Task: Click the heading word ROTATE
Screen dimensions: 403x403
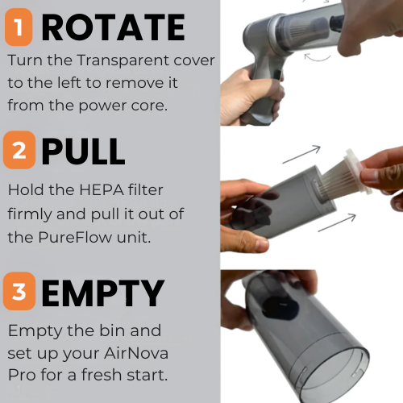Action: pos(113,29)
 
